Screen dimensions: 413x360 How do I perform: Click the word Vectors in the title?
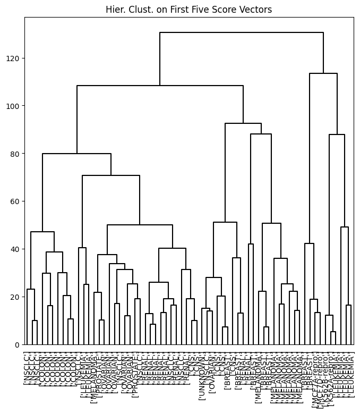tap(256, 10)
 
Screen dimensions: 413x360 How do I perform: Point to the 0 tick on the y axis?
tap(18, 344)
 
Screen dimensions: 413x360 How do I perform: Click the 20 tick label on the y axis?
tap(16, 297)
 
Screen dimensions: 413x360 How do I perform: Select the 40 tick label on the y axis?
tap(16, 249)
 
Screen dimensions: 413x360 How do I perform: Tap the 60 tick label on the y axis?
tap(16, 201)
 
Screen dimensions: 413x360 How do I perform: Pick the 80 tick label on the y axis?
tap(16, 154)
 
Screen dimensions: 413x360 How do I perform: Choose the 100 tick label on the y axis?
tap(14, 106)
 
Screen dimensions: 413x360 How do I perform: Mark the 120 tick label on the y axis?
tap(14, 58)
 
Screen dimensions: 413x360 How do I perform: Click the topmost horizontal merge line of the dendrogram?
tap(242, 32)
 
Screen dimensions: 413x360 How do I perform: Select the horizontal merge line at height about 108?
tap(160, 86)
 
